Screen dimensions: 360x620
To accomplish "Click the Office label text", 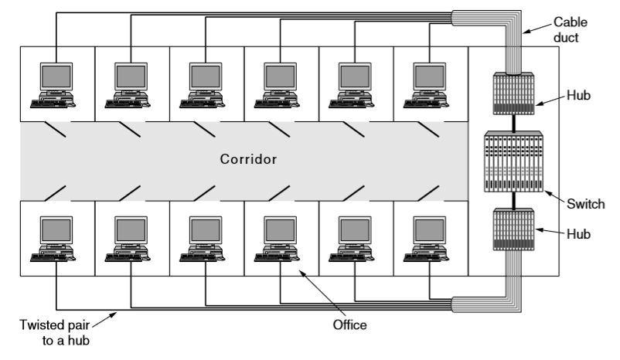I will click(x=349, y=325).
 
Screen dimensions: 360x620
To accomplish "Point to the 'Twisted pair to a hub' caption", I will click(x=55, y=331).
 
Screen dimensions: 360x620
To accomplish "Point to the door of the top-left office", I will click(x=54, y=132).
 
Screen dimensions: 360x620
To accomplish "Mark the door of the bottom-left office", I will click(x=54, y=189).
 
